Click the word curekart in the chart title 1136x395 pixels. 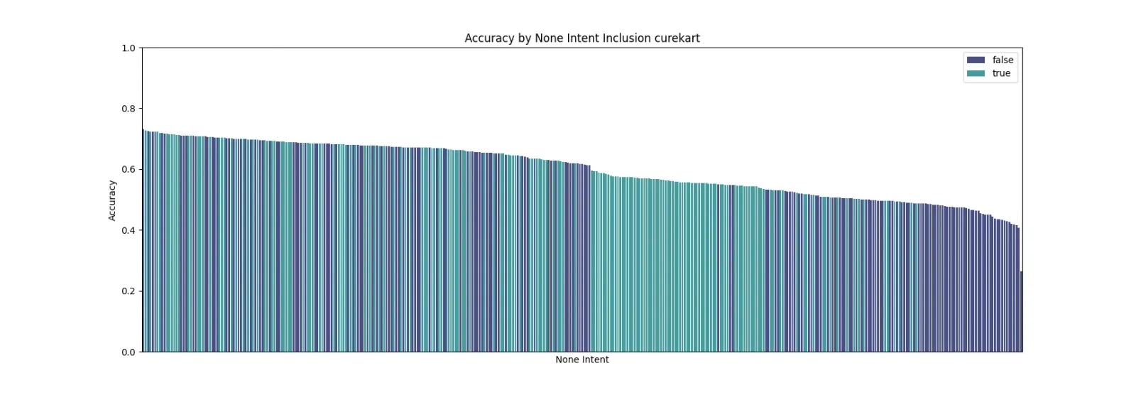click(x=677, y=38)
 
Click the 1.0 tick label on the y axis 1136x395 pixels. click(x=129, y=48)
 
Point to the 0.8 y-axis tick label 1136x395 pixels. click(x=129, y=109)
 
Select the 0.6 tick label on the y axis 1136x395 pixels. click(x=129, y=170)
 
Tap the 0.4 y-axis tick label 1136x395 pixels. click(x=129, y=230)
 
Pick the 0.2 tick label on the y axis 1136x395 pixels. click(x=129, y=291)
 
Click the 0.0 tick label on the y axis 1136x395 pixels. click(x=129, y=352)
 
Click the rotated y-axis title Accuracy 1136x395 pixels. click(x=112, y=200)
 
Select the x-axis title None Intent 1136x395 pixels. click(x=581, y=359)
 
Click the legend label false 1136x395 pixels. click(x=1003, y=60)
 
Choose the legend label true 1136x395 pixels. click(x=1001, y=73)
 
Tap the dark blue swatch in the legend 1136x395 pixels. click(x=976, y=60)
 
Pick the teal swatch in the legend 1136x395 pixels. click(x=976, y=73)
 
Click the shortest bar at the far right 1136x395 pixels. click(x=1022, y=311)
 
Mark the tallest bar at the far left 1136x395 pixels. click(x=143, y=241)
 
